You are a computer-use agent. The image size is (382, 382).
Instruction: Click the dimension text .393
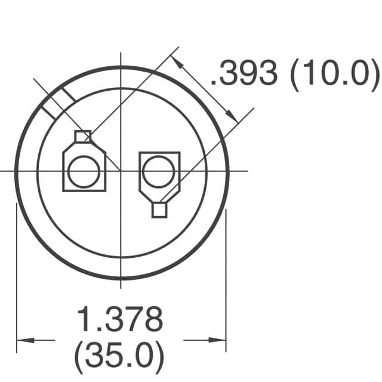(244, 73)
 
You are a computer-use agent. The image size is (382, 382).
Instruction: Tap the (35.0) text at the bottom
(119, 357)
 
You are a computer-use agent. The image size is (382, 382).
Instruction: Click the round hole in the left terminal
(84, 171)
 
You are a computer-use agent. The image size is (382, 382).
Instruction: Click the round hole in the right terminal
(158, 171)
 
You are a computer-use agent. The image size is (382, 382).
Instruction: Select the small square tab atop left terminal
(83, 136)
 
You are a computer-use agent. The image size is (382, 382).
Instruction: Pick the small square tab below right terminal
(159, 210)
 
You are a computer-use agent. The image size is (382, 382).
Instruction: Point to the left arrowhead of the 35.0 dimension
(25, 340)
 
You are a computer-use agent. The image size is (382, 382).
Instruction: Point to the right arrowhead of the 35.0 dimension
(217, 340)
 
